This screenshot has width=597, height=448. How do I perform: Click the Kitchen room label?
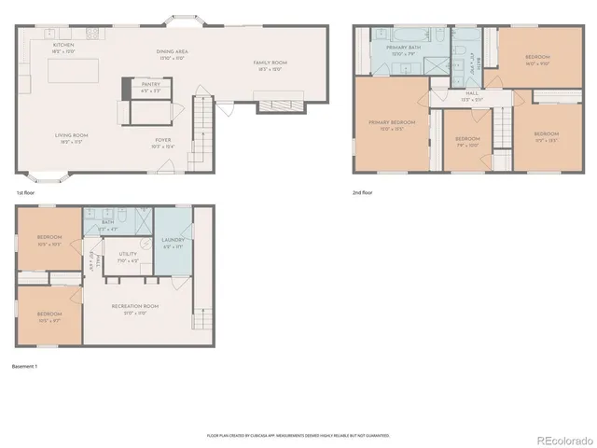[63, 46]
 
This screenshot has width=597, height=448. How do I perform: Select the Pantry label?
[150, 85]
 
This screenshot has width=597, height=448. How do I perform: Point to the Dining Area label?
[172, 53]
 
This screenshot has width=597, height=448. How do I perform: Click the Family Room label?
[271, 64]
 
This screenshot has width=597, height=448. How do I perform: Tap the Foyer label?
[163, 143]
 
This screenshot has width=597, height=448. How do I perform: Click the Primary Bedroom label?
[391, 124]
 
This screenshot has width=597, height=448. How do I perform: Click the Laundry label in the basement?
[174, 242]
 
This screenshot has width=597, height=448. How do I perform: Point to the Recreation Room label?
[136, 309]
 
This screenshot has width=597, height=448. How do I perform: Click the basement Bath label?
[108, 224]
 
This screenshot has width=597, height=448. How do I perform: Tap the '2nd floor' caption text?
[362, 193]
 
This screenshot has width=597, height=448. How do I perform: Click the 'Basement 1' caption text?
[24, 366]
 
